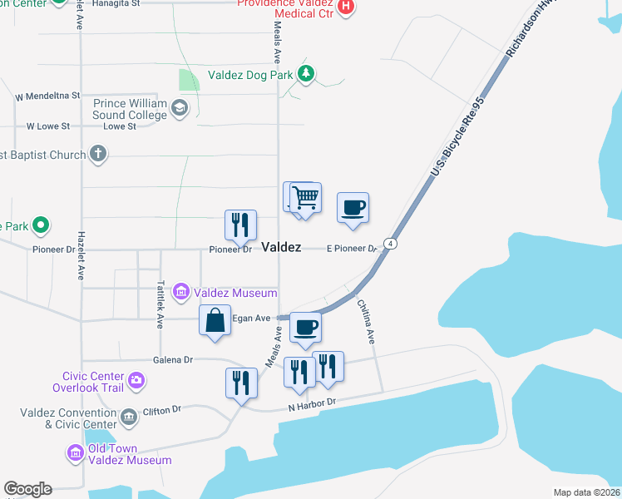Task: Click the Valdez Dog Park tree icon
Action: click(307, 75)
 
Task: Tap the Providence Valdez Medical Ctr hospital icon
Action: click(347, 7)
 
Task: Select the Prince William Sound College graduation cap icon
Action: click(179, 107)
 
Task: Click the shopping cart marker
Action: click(306, 198)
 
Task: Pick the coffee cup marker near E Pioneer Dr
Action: click(353, 208)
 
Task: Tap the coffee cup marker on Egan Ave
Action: click(305, 328)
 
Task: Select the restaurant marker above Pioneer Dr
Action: click(240, 225)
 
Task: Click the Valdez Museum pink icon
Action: click(180, 293)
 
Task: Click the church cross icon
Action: click(98, 154)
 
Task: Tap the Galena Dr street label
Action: click(173, 359)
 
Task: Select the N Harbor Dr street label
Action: click(311, 404)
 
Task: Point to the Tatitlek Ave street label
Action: click(160, 301)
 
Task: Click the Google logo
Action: click(27, 489)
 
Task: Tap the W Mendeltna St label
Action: click(47, 96)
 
